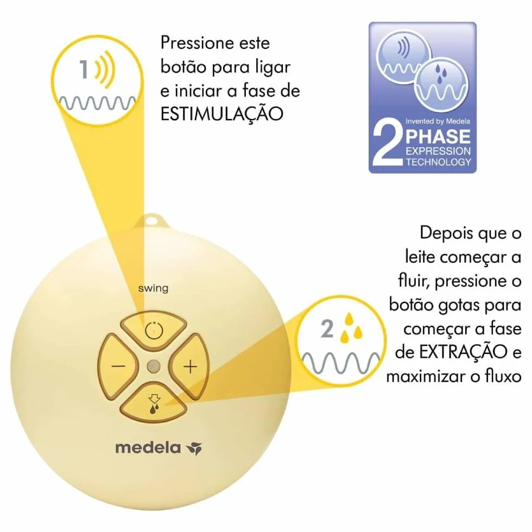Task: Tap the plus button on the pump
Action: (x=189, y=366)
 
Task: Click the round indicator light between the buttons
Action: (x=154, y=366)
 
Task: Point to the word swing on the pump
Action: (x=153, y=289)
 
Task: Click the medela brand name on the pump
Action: (x=148, y=448)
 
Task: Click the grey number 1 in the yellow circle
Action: (x=84, y=69)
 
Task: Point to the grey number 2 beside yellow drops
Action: (x=327, y=329)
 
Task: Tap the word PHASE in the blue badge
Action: (x=438, y=136)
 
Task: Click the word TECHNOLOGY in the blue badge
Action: (x=439, y=162)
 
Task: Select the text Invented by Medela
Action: (x=438, y=121)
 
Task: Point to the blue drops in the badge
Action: (x=440, y=74)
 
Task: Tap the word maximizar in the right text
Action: (x=426, y=377)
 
